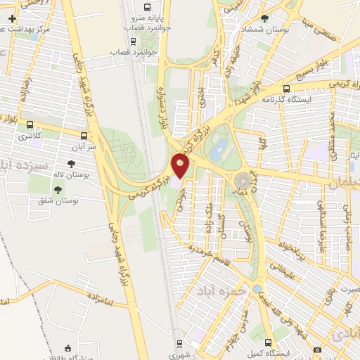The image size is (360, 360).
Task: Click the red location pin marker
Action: coord(181,166)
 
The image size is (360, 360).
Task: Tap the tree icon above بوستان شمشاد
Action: coord(264,18)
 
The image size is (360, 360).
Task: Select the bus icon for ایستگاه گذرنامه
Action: coord(286,89)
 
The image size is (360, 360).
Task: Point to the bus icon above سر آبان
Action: coord(84,136)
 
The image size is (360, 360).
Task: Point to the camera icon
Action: coord(317,350)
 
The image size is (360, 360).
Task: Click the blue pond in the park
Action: coord(219,146)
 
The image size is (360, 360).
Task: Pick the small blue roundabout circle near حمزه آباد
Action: coord(257,288)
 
